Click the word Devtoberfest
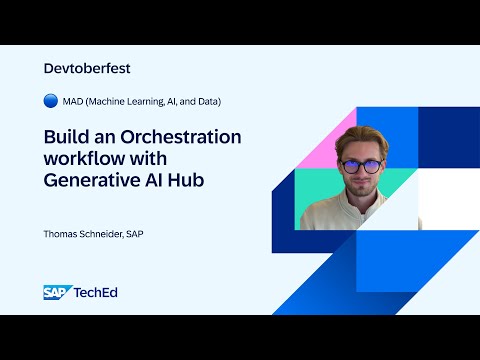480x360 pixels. [88, 69]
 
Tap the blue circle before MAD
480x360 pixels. [51, 101]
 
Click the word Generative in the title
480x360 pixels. [88, 181]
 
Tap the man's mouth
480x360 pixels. [361, 190]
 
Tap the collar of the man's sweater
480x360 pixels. [362, 213]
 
